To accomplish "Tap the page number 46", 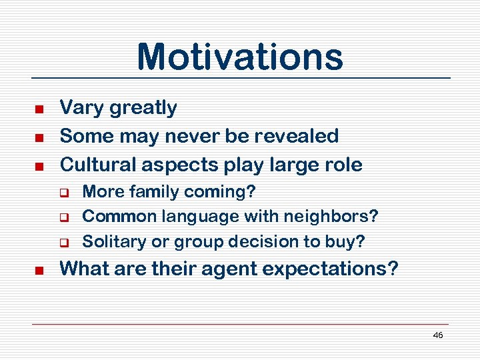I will [x=437, y=335].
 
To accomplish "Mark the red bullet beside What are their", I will [x=39, y=271].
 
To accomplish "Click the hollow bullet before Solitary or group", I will [x=67, y=242].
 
